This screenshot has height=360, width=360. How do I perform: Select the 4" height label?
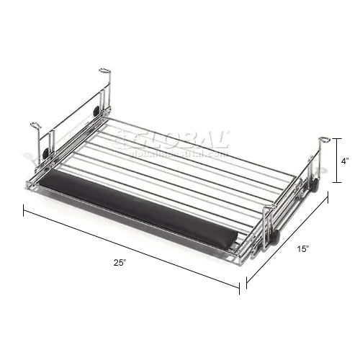(347, 162)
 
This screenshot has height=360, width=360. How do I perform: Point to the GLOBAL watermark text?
(176, 140)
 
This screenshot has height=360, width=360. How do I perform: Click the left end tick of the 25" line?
(24, 209)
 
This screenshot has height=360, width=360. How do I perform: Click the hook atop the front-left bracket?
(35, 126)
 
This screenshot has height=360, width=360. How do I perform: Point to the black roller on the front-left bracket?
(46, 153)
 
